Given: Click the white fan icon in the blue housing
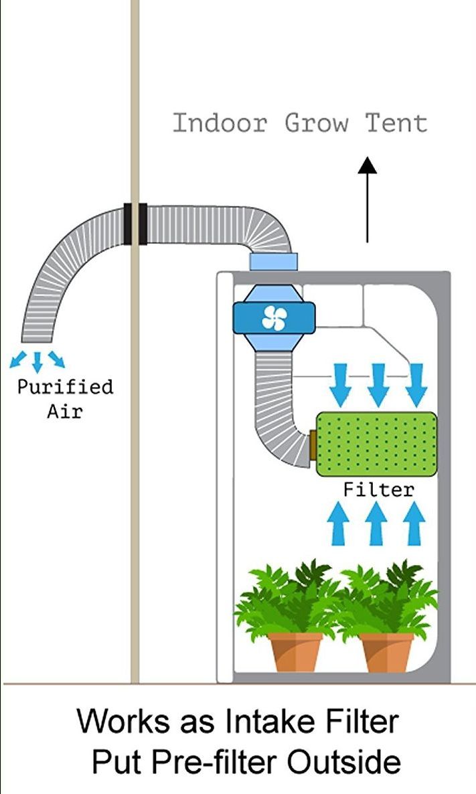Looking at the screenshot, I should [x=273, y=317].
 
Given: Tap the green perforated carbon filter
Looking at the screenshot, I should [x=376, y=444].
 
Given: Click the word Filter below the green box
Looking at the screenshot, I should [x=378, y=489].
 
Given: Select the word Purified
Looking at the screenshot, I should [x=66, y=387].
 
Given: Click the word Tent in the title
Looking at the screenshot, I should [x=396, y=123].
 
